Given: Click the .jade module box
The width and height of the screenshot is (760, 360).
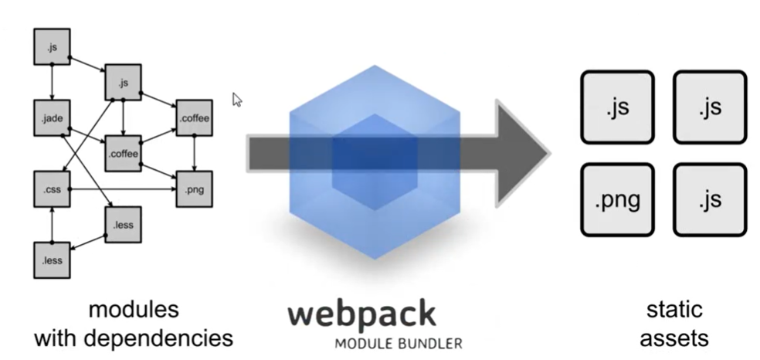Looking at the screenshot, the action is [52, 118].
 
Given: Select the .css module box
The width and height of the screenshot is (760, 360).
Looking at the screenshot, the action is [52, 189].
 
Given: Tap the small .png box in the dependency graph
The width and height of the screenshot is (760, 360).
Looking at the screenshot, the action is [195, 189].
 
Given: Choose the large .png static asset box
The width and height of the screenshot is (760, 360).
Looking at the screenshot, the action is [618, 200].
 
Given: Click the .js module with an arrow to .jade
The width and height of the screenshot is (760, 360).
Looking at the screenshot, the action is [52, 47].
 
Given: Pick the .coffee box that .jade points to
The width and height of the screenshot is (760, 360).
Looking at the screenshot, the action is [123, 154].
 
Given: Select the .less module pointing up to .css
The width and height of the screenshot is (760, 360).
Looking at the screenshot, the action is [52, 260].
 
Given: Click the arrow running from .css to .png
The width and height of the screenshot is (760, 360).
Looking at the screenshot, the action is [123, 189].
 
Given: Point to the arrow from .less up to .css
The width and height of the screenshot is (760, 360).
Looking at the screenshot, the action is [52, 225].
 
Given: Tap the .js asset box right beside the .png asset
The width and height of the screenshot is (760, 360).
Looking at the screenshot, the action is [710, 200].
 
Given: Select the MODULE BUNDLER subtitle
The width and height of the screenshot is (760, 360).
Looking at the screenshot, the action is [399, 344].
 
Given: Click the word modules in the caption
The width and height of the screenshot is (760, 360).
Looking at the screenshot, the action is [134, 310].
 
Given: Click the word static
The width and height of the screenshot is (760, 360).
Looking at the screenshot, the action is [674, 310].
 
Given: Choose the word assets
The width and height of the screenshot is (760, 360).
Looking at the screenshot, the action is [674, 338].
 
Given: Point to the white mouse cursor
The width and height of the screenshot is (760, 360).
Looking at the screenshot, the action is [237, 100].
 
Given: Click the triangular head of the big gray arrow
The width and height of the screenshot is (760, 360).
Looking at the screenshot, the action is [522, 154].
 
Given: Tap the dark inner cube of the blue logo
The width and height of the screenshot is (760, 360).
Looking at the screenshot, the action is [374, 162].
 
